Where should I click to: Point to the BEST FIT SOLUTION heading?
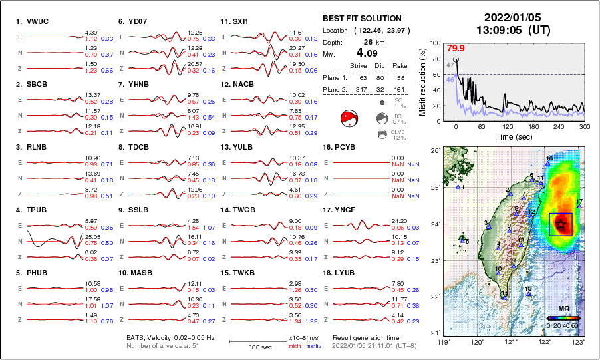click(x=362, y=19)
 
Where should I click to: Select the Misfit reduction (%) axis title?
click(x=422, y=82)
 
